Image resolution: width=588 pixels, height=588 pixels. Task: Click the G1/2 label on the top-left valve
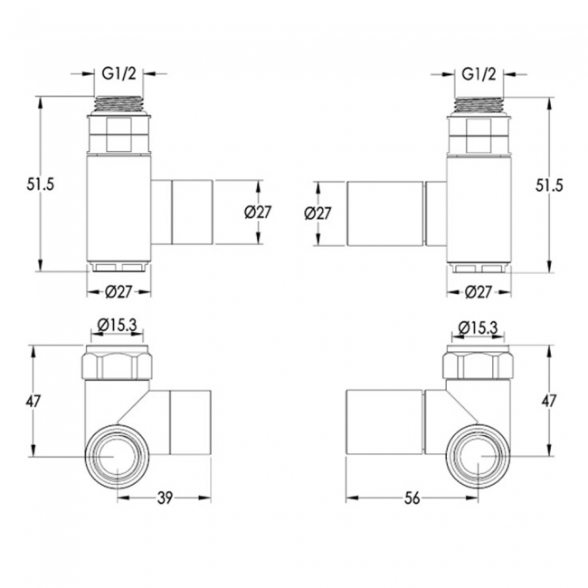click(119, 74)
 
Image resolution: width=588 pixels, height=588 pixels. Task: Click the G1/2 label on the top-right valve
click(479, 74)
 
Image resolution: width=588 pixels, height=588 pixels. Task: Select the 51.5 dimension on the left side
click(40, 185)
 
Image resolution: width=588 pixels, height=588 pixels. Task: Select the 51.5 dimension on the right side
click(549, 185)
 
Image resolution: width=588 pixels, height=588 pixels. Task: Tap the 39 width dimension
click(165, 498)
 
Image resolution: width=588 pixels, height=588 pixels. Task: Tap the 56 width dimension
click(412, 498)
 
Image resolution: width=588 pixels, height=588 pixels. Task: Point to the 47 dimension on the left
click(33, 402)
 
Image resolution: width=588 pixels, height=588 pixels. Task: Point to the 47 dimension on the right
click(548, 402)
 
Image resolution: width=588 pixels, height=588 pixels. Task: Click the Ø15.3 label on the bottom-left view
click(117, 325)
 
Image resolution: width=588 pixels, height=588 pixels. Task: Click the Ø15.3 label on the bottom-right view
click(478, 327)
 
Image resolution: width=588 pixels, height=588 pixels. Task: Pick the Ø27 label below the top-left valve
click(119, 292)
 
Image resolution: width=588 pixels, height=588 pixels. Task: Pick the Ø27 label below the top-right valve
click(479, 292)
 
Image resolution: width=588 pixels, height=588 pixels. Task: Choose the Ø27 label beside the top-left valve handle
click(257, 213)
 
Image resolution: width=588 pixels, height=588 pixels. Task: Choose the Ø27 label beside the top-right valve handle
click(318, 213)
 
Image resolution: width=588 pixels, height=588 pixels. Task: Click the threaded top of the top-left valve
click(119, 105)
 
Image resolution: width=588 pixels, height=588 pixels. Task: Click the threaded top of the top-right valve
click(479, 105)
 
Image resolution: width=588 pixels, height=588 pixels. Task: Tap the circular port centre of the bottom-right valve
click(479, 456)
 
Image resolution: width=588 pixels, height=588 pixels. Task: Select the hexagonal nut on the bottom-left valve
click(117, 363)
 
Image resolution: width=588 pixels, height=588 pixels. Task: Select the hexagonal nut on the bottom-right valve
click(479, 363)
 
